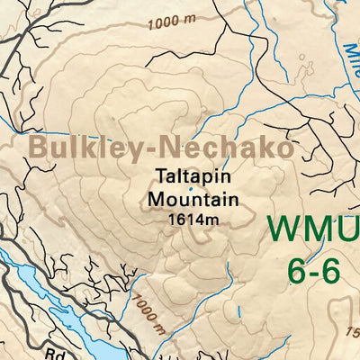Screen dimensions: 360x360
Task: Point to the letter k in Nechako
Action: click(x=258, y=148)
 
